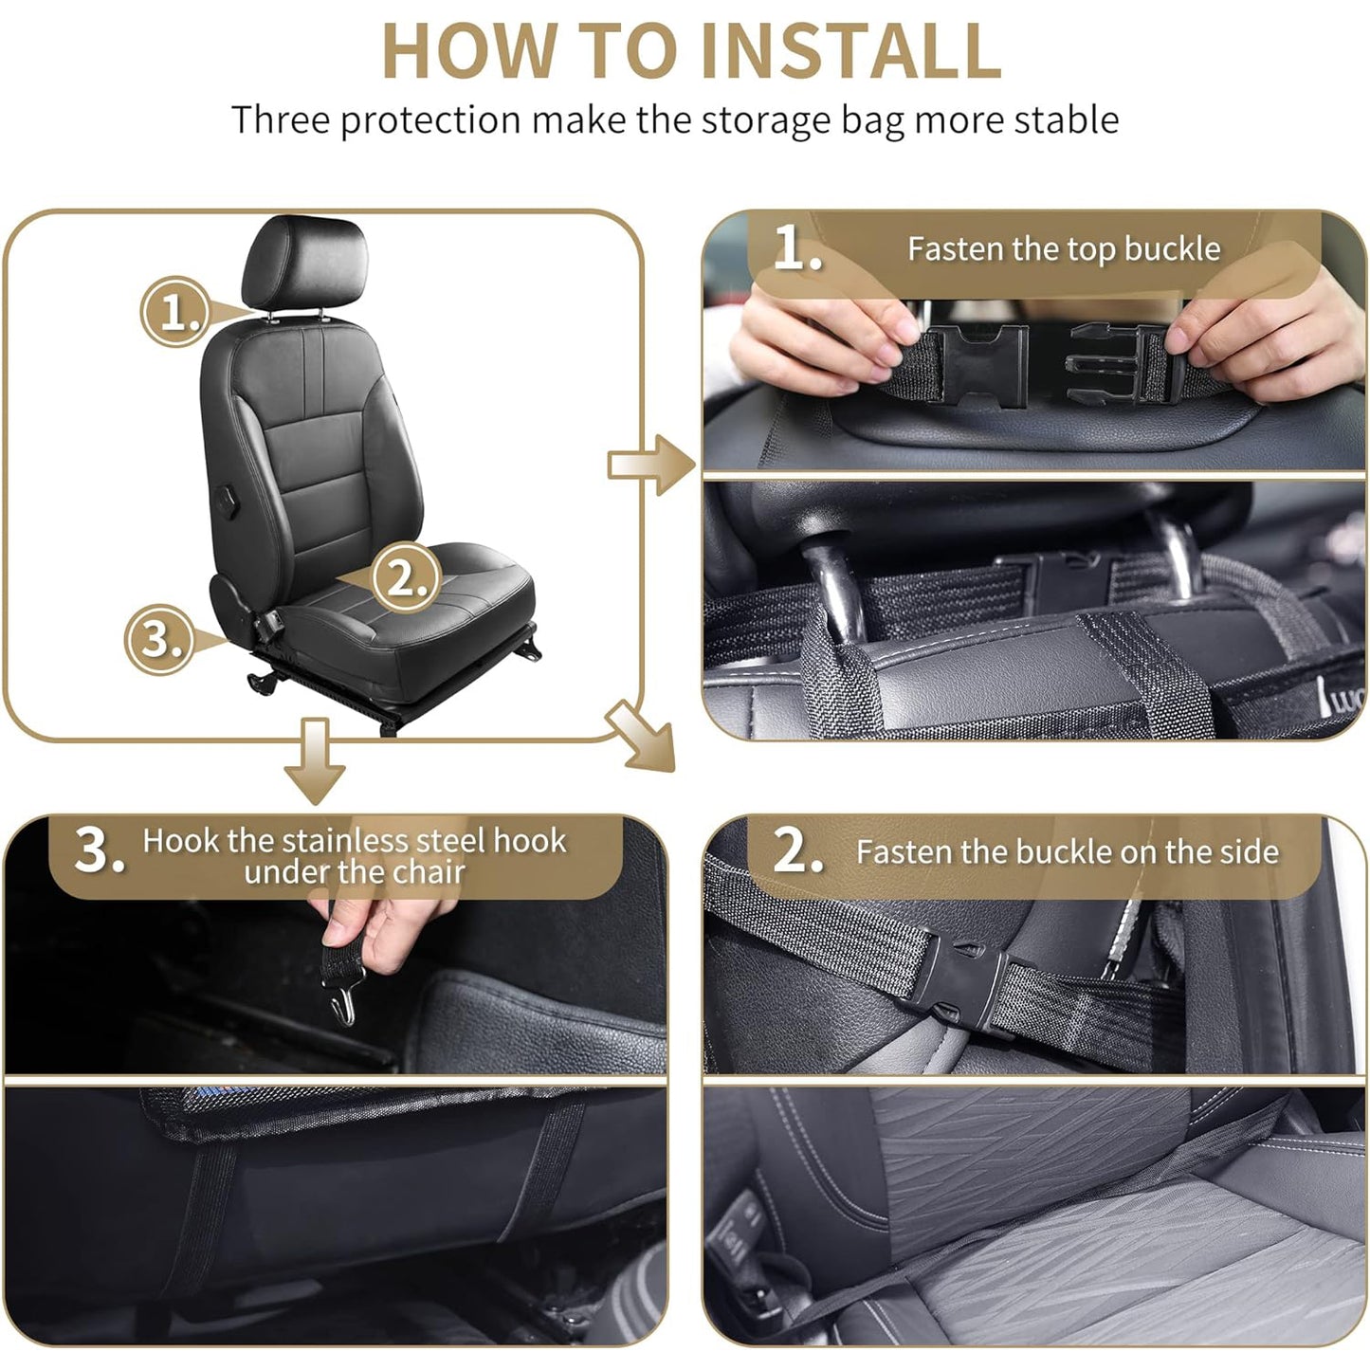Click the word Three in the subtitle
[282, 120]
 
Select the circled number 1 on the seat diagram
[176, 312]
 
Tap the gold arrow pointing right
[652, 465]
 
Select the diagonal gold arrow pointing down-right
[643, 736]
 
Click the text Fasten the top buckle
[1063, 248]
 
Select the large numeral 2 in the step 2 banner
[796, 850]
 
